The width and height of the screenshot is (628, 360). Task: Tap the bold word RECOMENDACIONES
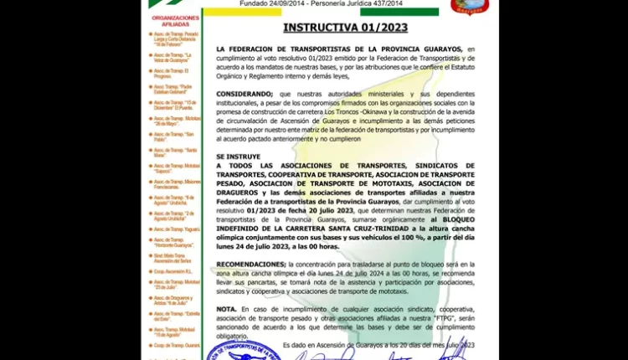(250, 263)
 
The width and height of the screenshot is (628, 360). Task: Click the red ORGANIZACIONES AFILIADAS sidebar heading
(175, 21)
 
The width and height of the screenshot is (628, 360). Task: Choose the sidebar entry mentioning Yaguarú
(175, 229)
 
